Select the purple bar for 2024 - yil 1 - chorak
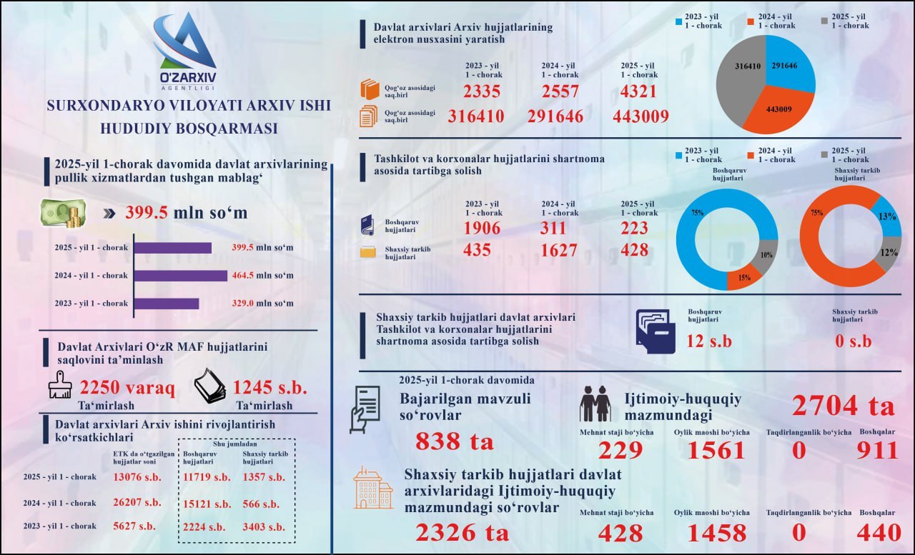tap(181, 276)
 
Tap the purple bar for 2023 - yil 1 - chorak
tap(167, 304)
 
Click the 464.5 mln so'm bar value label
tap(262, 276)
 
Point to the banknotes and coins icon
tap(64, 213)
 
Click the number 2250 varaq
tap(127, 388)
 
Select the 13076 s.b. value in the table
tap(137, 477)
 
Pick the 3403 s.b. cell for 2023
tap(264, 527)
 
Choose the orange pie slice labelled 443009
tap(778, 109)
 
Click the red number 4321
tap(638, 91)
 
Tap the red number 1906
tap(482, 228)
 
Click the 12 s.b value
tap(708, 341)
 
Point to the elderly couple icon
tap(596, 404)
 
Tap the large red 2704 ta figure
tap(843, 406)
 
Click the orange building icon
tap(373, 488)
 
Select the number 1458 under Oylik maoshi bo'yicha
tap(717, 533)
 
